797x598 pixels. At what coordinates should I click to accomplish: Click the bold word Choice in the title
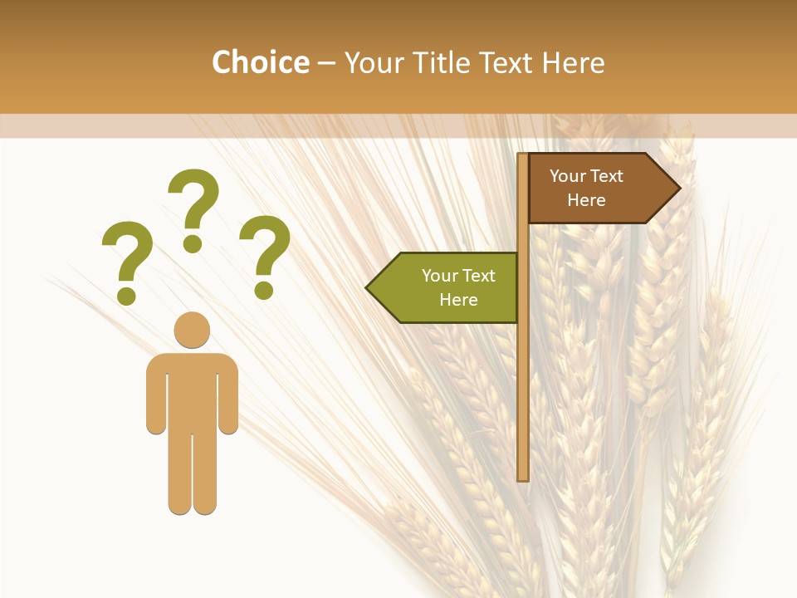(x=260, y=62)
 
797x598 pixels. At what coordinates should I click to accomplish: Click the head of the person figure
(x=192, y=330)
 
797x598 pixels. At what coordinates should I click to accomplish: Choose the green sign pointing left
(x=448, y=287)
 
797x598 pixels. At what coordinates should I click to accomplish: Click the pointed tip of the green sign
(x=369, y=288)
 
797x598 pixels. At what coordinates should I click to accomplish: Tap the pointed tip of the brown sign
(x=678, y=188)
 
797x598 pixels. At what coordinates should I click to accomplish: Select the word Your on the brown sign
(x=568, y=176)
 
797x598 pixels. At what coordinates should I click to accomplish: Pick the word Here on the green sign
(x=458, y=300)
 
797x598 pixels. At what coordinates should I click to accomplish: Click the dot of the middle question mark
(x=193, y=243)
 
